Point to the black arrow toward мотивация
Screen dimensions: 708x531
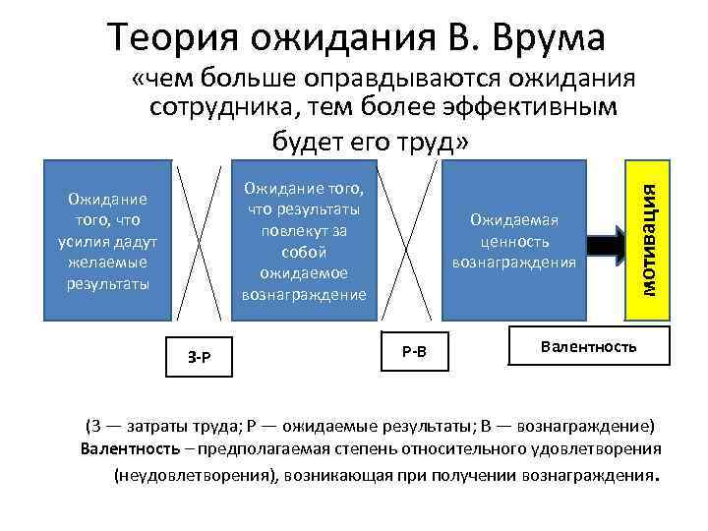click(604, 242)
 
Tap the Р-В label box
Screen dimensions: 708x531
click(414, 350)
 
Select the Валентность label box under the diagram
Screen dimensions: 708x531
click(589, 346)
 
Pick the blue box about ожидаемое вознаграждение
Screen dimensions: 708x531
click(300, 240)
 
